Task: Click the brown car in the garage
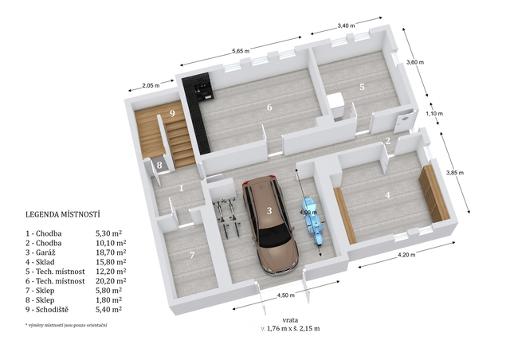coord(269,225)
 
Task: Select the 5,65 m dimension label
coord(241,51)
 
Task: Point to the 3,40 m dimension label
coord(346,25)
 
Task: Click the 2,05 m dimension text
coord(151,85)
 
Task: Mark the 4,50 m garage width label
coord(285,295)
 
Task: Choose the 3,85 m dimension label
coord(455,173)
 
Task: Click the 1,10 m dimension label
coord(434,114)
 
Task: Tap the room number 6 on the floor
coord(269,107)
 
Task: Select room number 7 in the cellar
coord(192,256)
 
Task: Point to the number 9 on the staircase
coord(172,114)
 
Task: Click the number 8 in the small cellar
coord(159,165)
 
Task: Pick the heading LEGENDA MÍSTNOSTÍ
coord(63,214)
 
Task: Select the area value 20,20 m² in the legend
coord(111,280)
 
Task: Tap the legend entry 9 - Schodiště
coord(47,310)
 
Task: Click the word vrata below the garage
coord(290,320)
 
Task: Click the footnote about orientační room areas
coord(66,325)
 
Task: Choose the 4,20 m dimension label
coord(406,255)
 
